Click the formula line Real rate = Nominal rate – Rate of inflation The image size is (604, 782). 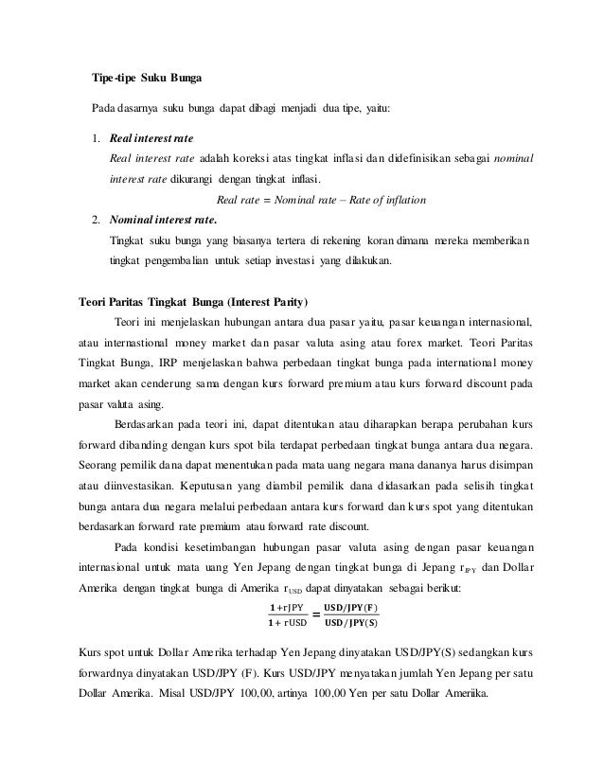[x=321, y=200]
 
